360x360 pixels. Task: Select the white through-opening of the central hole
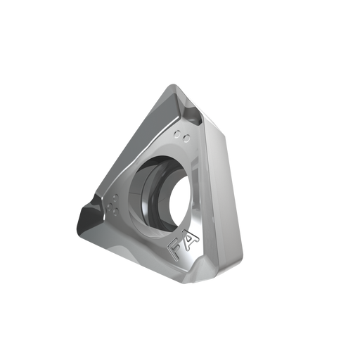click(x=180, y=202)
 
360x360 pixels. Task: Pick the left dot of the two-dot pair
click(x=178, y=134)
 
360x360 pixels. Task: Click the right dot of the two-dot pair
click(x=186, y=139)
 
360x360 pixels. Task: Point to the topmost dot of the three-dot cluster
click(x=115, y=198)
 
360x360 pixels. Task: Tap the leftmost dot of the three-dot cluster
click(x=109, y=207)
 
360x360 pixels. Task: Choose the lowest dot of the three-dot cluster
click(x=115, y=212)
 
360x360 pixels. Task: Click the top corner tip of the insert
click(x=173, y=85)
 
